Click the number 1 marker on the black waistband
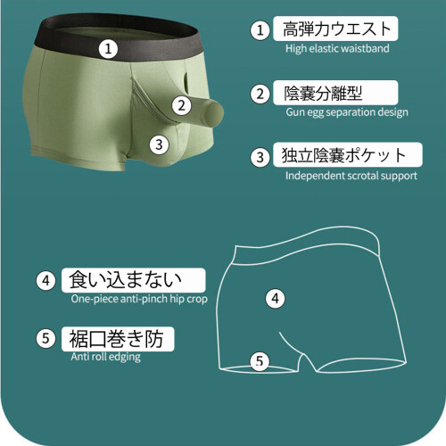[x=108, y=49]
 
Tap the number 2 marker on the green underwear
[x=182, y=105]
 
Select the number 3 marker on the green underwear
[x=159, y=145]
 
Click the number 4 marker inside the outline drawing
[x=275, y=299]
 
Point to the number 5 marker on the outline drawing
[x=260, y=361]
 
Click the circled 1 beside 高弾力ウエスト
[x=260, y=30]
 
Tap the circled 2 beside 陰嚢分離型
[x=260, y=94]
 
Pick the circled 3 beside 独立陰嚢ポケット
[x=260, y=157]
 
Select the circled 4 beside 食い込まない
[x=45, y=280]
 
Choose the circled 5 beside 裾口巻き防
[x=45, y=338]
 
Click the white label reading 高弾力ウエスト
[x=335, y=29]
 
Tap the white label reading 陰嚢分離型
[x=335, y=93]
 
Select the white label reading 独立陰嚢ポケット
[x=348, y=154]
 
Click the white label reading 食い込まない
[x=133, y=280]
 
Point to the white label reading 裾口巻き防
[x=118, y=339]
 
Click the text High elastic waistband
[x=337, y=48]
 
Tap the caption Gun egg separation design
[x=347, y=112]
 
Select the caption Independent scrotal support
[x=351, y=176]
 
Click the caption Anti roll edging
[x=105, y=357]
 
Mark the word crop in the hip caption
[x=197, y=300]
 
